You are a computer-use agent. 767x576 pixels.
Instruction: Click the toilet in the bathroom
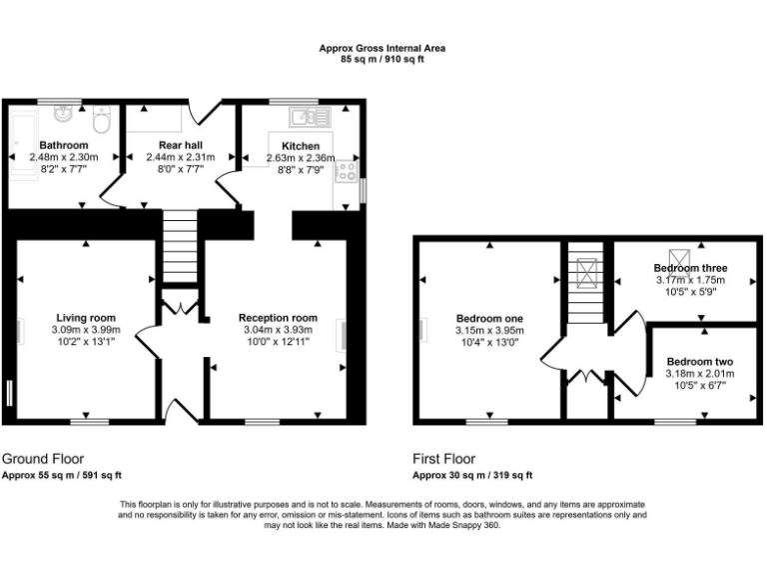(x=100, y=121)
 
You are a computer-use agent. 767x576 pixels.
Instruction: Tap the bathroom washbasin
(x=64, y=113)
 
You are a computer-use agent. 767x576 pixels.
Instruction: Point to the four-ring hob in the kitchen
(x=347, y=172)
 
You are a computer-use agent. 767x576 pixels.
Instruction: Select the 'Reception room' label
(x=277, y=318)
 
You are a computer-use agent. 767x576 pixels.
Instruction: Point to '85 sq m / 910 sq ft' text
(x=382, y=60)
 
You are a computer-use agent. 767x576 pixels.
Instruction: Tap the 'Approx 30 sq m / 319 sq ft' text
(x=472, y=476)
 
